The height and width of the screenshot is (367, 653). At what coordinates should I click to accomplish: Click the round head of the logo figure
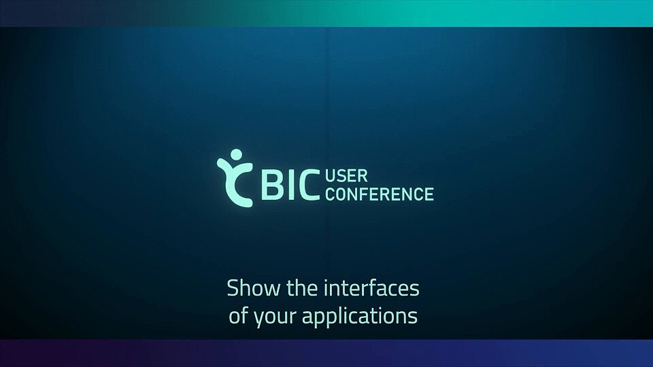coord(236,154)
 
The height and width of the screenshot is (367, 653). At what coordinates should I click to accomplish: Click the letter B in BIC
coord(271,186)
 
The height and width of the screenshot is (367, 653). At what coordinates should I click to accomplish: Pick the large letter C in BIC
coord(307,186)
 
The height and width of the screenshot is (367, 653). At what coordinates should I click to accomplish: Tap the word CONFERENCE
coord(380,194)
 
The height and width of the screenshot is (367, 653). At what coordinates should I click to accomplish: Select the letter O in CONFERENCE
coord(342,194)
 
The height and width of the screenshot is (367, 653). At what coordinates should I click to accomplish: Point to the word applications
coord(359,317)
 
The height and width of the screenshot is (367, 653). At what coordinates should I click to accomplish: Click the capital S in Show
coord(233,287)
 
